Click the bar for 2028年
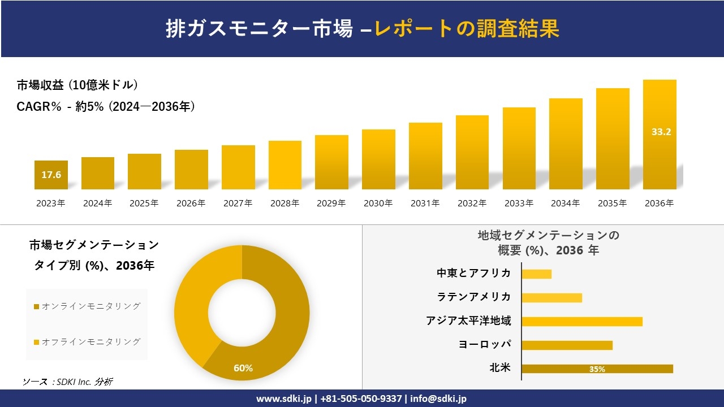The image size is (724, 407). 285,165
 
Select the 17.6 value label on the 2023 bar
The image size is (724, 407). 51,175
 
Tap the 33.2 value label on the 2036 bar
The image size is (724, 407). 661,132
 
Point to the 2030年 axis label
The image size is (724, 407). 378,203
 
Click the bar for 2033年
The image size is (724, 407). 519,148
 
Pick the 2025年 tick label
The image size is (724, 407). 144,203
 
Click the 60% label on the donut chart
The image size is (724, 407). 243,368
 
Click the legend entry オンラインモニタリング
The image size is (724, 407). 87,306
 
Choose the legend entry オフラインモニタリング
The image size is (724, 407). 87,342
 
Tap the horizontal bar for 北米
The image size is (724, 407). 597,369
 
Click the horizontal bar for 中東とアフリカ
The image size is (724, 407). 536,274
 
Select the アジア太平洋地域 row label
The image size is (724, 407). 468,321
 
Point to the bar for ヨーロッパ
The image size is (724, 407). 567,345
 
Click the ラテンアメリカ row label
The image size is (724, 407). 473,297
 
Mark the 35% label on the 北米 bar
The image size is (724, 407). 597,369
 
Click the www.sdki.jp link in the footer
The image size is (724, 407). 284,399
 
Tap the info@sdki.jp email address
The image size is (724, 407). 438,399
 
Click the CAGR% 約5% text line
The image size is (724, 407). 106,106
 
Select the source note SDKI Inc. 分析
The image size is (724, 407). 67,382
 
